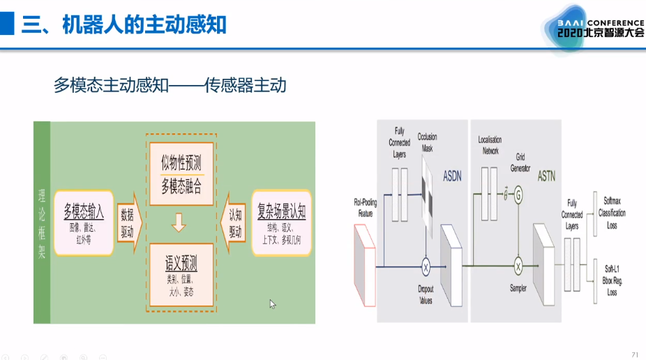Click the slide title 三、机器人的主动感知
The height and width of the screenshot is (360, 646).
click(x=124, y=24)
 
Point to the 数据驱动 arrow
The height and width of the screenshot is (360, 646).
click(x=128, y=223)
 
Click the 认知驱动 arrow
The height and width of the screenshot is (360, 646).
click(x=234, y=223)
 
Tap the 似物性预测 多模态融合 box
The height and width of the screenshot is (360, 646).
click(x=181, y=174)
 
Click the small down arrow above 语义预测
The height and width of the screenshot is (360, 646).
click(x=180, y=223)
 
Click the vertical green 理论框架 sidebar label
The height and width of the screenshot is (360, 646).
click(x=42, y=223)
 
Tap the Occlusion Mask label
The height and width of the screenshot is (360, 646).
click(x=427, y=142)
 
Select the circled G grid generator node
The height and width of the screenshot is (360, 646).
click(x=518, y=197)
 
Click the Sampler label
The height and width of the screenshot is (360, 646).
click(x=518, y=288)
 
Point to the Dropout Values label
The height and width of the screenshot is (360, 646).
click(x=425, y=295)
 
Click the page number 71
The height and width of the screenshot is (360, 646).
click(x=634, y=354)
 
